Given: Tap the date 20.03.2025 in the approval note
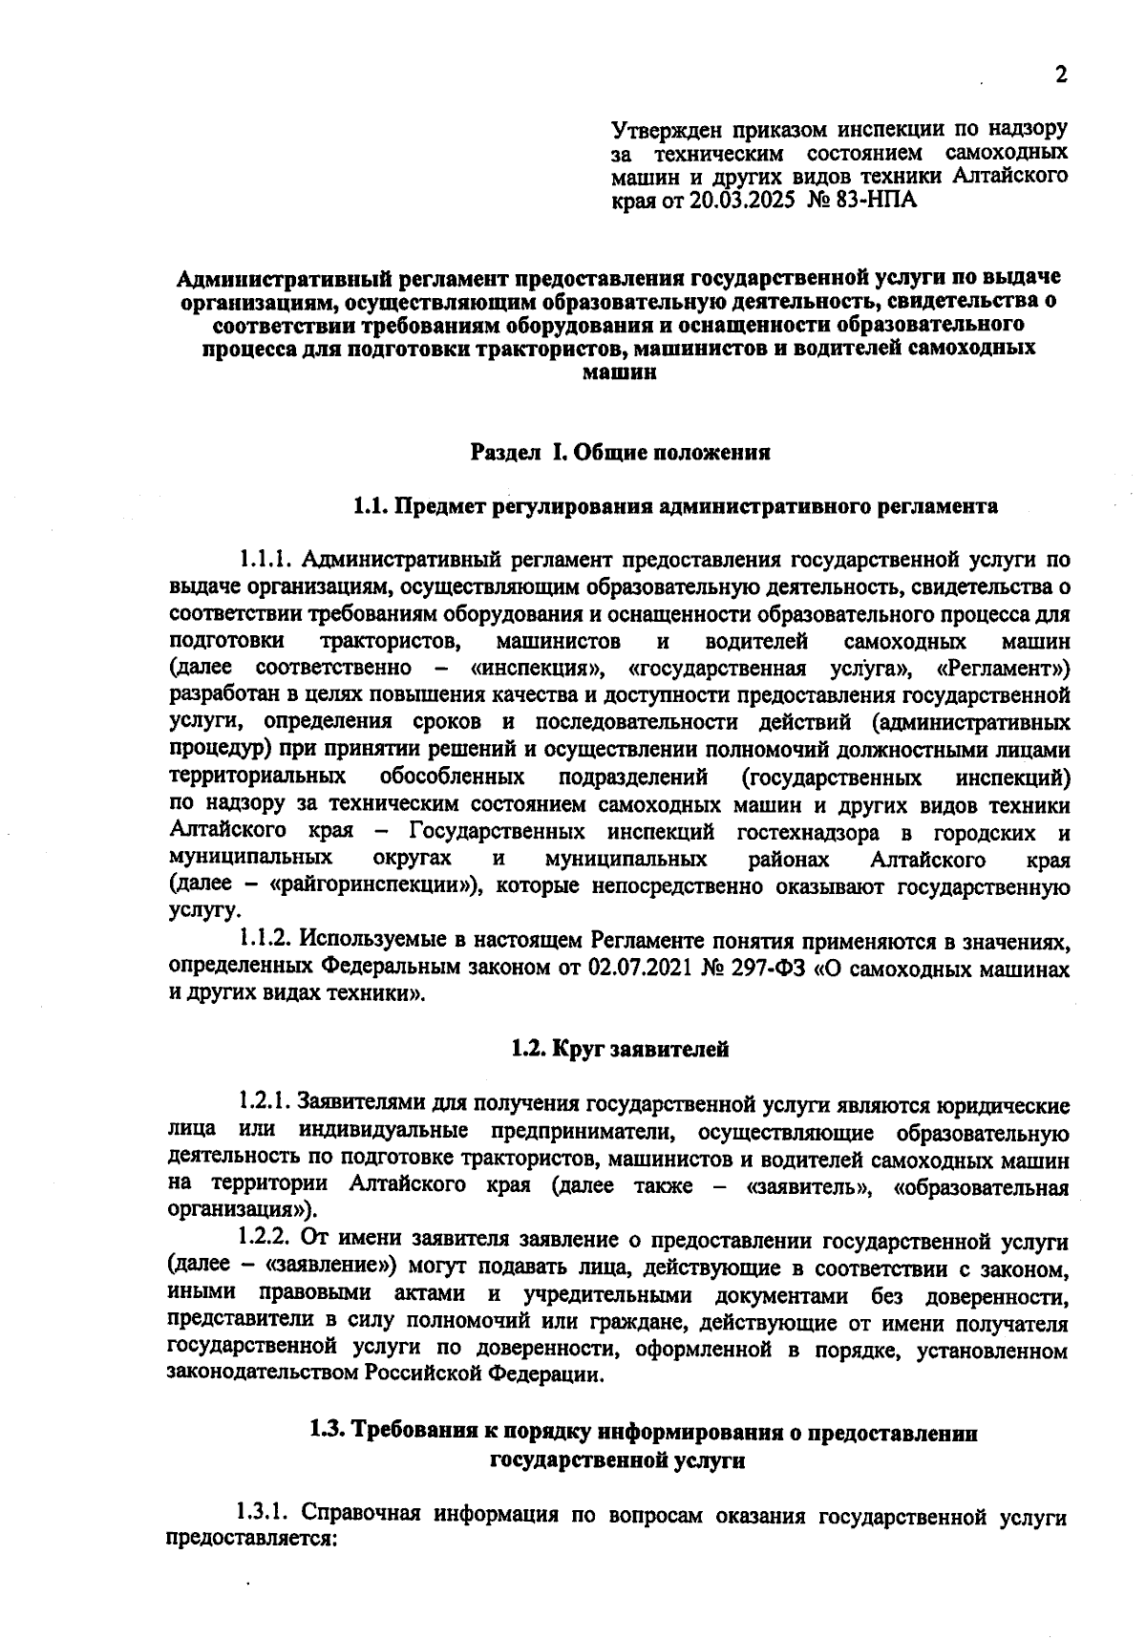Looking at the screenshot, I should tap(742, 202).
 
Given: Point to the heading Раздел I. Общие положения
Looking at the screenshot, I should tap(621, 453).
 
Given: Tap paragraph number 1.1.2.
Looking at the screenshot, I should tap(268, 941).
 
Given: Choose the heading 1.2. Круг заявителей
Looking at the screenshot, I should tap(621, 1050).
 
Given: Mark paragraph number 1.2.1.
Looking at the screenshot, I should tap(268, 1105).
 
